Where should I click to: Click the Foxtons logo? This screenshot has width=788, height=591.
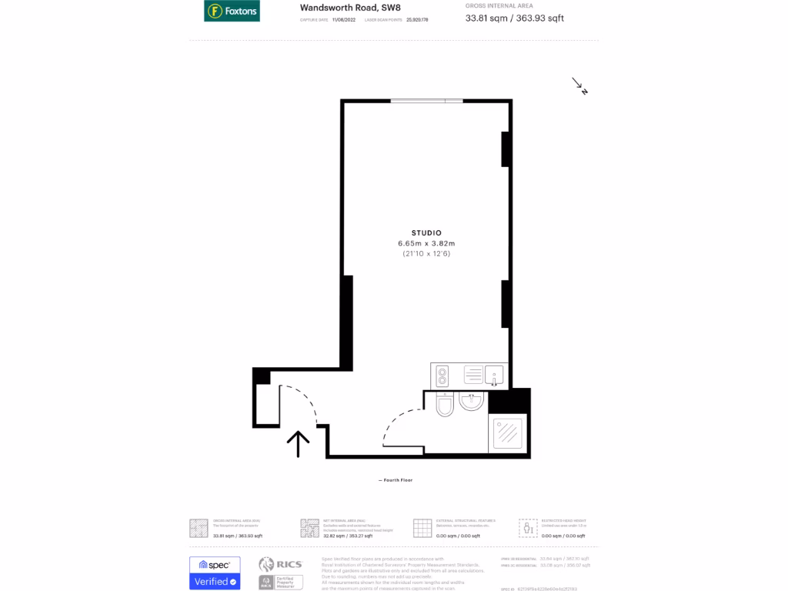pos(232,12)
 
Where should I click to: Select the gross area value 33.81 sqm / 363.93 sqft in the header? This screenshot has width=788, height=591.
pos(515,18)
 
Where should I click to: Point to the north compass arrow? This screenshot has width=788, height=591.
pos(579,85)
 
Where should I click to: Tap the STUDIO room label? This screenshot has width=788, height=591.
pos(426,232)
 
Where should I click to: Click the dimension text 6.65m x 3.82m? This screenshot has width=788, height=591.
pos(426,243)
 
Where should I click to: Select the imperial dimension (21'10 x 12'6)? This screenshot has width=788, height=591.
pos(426,253)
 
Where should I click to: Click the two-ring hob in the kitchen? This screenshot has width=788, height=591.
pos(442,376)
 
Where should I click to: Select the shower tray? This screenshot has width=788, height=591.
pos(507,433)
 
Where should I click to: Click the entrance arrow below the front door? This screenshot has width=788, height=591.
pos(298,443)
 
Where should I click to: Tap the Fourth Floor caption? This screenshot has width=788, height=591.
pos(396,480)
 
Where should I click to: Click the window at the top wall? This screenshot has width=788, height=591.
pos(426,101)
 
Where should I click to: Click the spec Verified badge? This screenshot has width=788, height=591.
pos(215,573)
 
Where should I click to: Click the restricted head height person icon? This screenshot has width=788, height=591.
pos(528,528)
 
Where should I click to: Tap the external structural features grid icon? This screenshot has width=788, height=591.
pos(422,528)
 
